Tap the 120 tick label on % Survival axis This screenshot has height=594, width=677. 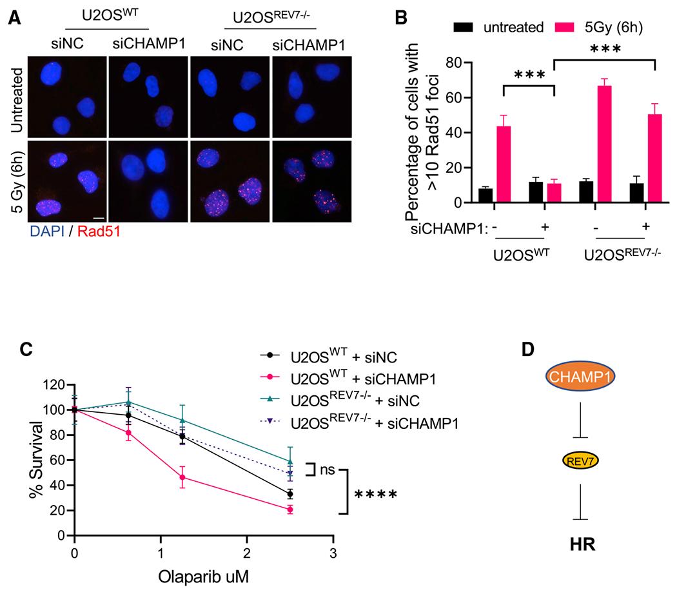click(54, 385)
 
